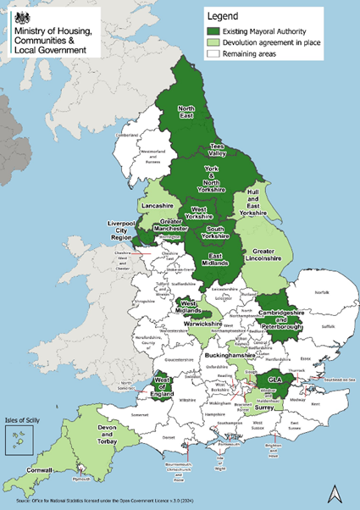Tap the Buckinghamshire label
[230, 358]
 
